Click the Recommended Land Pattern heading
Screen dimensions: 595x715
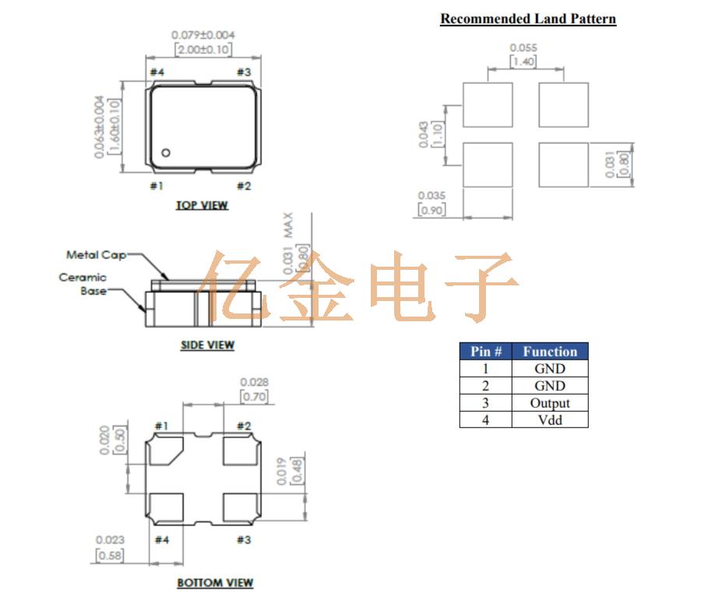tap(528, 19)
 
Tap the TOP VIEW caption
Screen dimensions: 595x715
tap(202, 205)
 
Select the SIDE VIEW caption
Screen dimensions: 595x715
tap(207, 345)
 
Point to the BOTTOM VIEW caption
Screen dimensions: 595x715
tap(215, 583)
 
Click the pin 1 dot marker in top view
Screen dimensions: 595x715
tap(166, 152)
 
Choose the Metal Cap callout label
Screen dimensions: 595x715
tap(96, 255)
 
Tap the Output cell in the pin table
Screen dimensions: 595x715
tap(550, 403)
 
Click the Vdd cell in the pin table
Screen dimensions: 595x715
tap(550, 420)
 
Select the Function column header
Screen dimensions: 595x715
tap(550, 352)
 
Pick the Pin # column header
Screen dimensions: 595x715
tap(485, 352)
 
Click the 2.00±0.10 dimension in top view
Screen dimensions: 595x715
tap(203, 49)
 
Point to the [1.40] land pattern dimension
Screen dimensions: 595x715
tap(523, 62)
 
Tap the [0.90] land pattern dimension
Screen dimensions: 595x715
tap(432, 210)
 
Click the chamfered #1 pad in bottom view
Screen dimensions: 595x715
tap(165, 452)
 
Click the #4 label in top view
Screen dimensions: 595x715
tap(157, 73)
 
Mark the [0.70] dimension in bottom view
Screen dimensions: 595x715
tap(255, 396)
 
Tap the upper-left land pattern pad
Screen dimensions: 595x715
tap(488, 104)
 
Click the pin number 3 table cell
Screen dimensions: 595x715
tap(485, 403)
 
